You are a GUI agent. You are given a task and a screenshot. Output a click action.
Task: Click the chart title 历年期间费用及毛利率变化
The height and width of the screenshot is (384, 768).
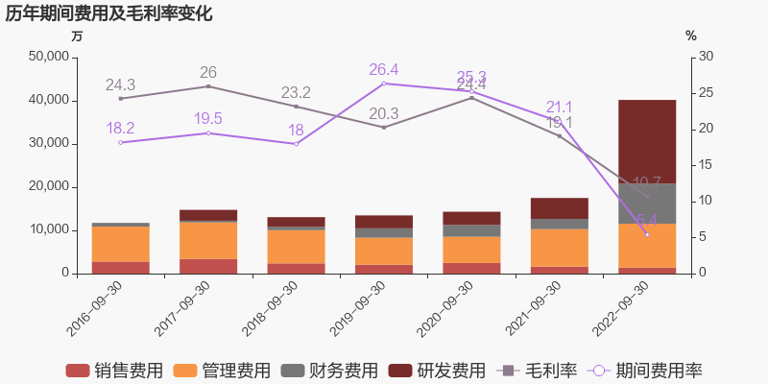coord(108,13)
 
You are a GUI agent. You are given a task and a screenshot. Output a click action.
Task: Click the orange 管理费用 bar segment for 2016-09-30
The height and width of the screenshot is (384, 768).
coord(121,244)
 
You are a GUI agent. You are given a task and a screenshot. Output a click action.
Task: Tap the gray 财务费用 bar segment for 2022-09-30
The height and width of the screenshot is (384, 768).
coord(647,204)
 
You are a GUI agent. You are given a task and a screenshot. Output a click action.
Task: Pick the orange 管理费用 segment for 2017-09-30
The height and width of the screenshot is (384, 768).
coord(208,240)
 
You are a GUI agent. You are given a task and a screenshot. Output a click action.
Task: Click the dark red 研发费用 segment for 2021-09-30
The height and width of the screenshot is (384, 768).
coord(560,208)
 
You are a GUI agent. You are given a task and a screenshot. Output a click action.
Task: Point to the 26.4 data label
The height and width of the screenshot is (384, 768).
coord(384,69)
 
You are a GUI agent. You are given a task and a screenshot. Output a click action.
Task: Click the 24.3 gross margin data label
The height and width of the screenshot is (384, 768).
coord(121,84)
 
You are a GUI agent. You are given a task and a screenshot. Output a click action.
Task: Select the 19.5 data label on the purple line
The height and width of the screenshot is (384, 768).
coord(208,118)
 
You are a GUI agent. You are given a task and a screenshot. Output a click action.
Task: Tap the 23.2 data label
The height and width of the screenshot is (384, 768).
coord(296,92)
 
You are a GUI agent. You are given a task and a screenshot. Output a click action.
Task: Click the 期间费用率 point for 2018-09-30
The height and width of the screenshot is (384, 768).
coord(296,144)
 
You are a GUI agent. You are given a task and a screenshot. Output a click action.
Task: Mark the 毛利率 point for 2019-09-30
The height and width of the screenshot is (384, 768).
coord(384,127)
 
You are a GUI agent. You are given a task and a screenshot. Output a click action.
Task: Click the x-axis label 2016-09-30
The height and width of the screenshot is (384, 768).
coord(95,308)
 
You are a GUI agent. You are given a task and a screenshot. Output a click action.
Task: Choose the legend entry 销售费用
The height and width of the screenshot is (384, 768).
coord(113,371)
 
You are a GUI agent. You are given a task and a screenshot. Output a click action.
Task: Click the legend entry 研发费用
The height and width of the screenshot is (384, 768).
coord(437,371)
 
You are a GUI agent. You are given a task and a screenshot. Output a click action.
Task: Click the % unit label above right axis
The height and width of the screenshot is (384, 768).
coord(691,36)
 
